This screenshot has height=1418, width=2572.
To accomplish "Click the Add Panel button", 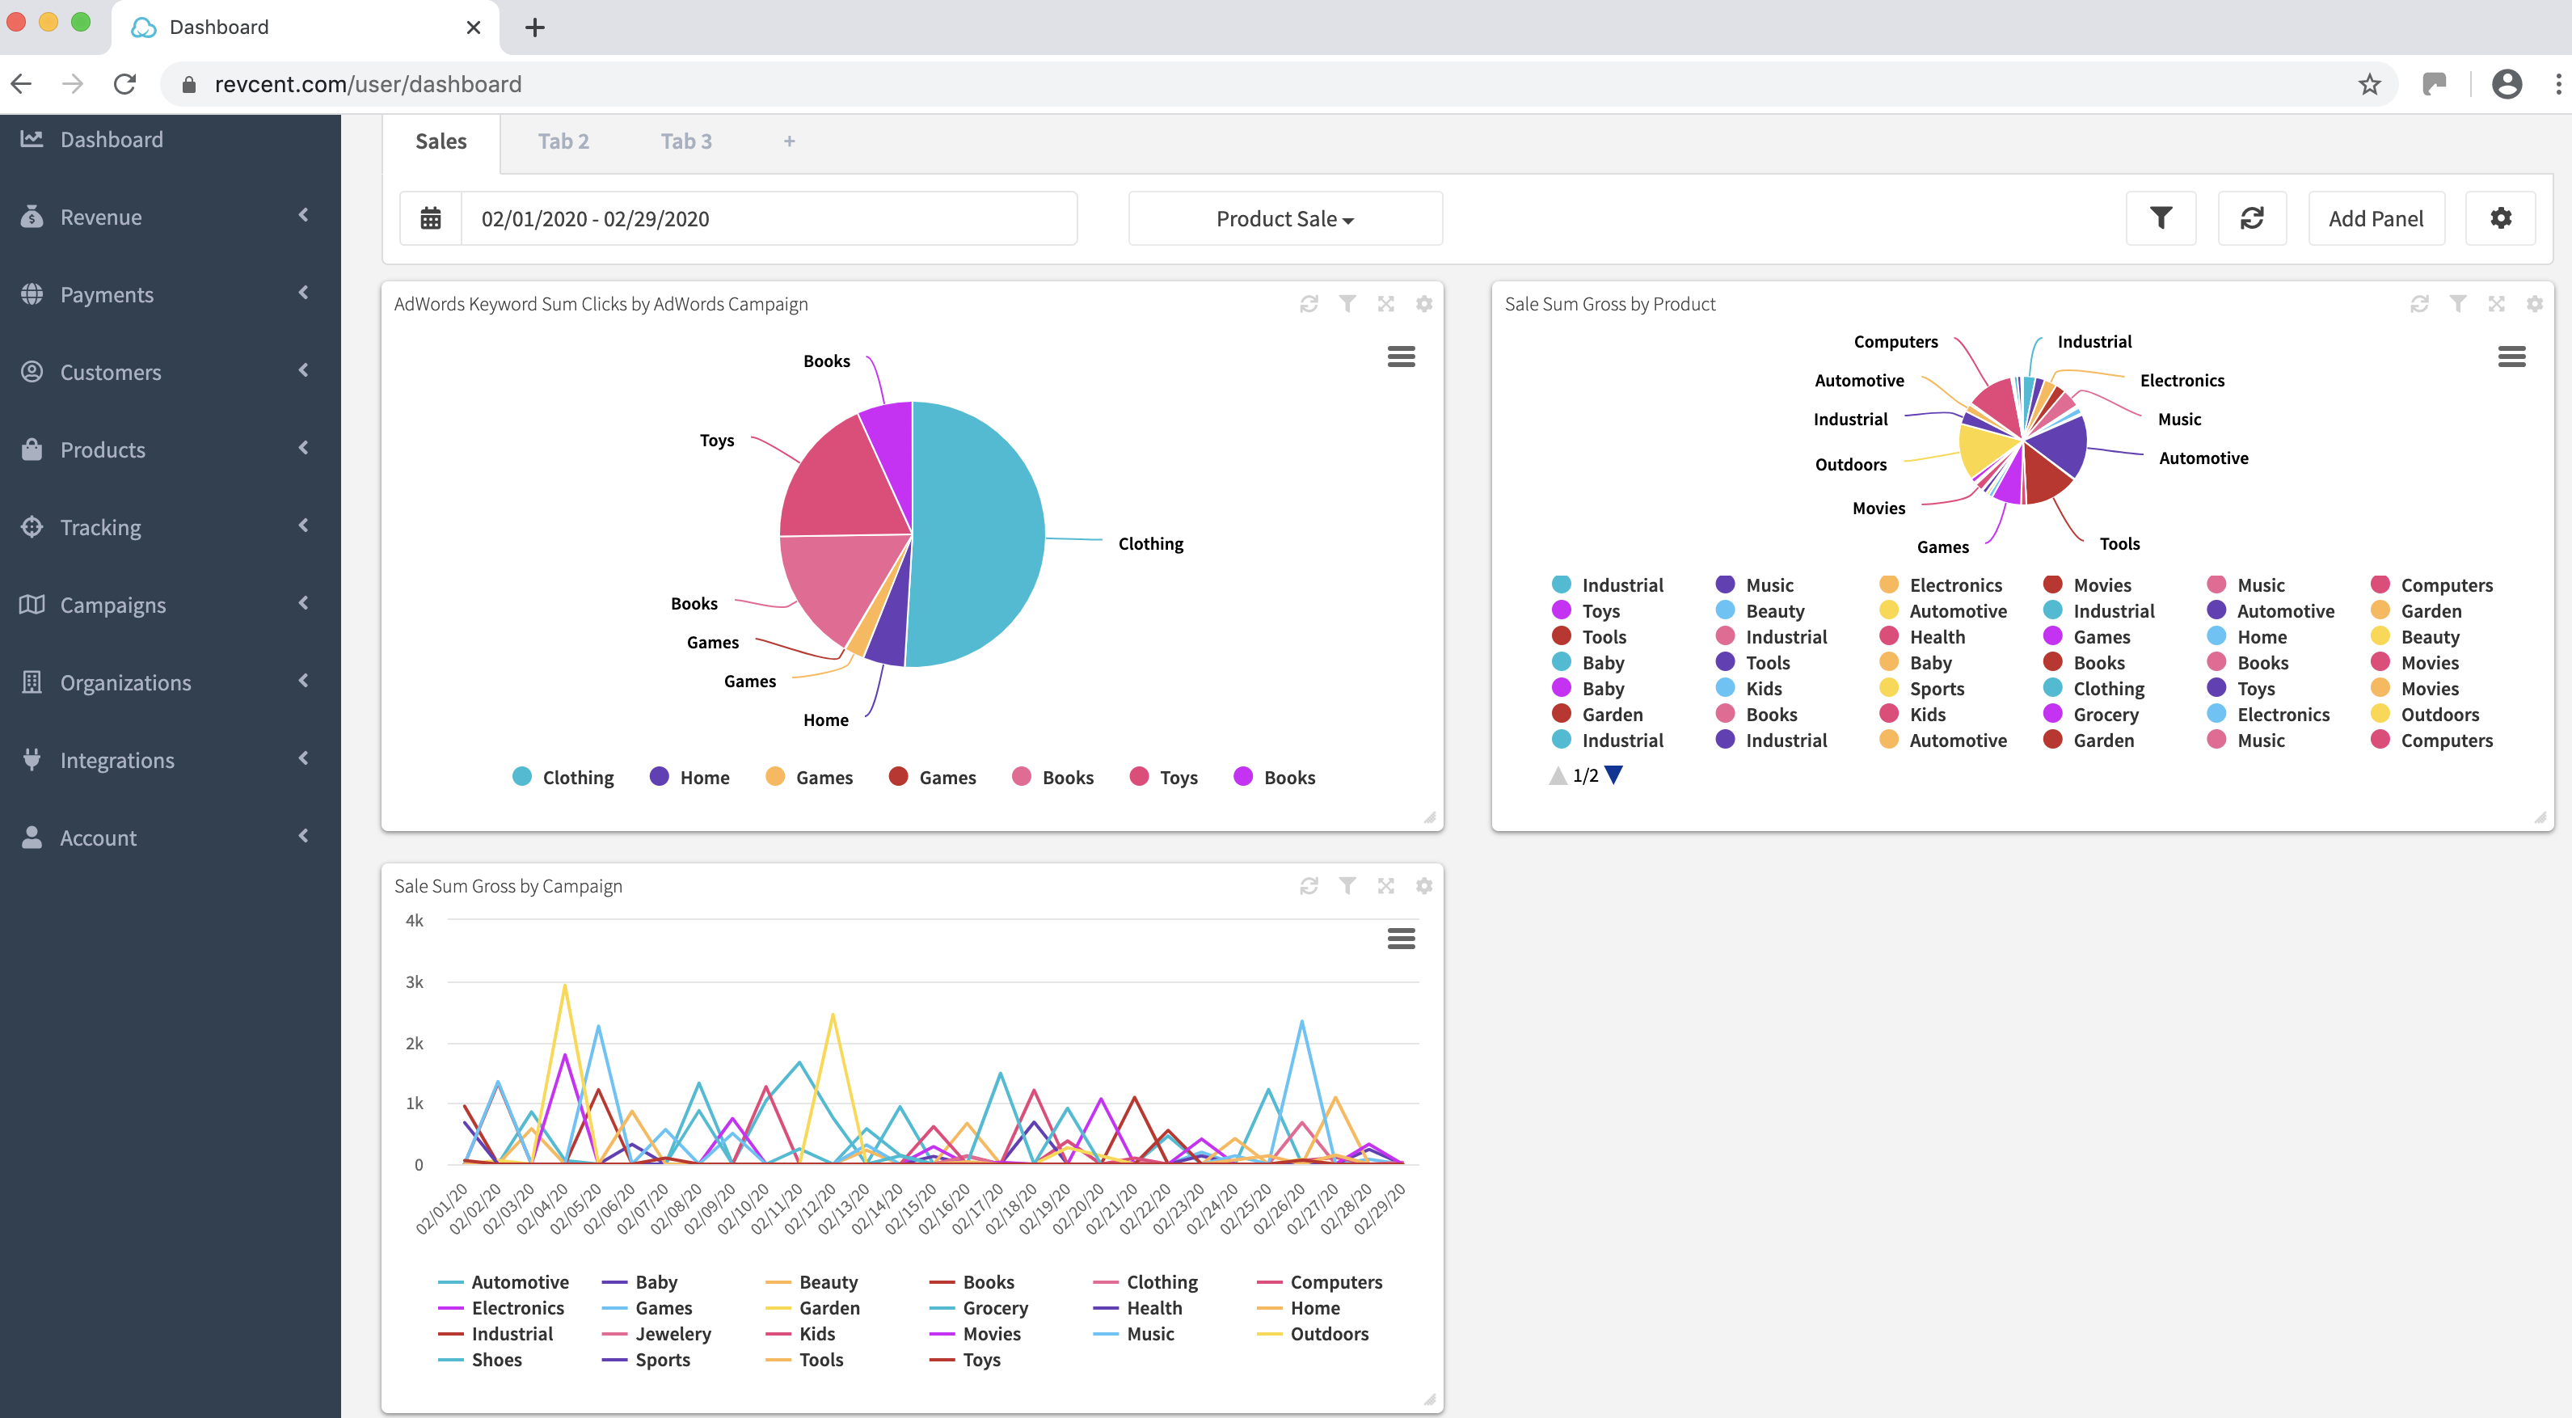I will (x=2376, y=219).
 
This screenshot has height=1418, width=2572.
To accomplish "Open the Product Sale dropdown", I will (x=1284, y=219).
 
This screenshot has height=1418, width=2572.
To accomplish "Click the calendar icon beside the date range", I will (x=430, y=219).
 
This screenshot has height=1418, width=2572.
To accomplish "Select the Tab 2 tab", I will (x=563, y=141).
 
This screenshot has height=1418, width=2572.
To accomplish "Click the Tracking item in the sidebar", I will (x=100, y=527).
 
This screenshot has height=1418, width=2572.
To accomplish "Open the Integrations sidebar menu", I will (x=117, y=760).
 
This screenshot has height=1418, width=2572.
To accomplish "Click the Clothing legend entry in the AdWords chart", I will (x=576, y=778).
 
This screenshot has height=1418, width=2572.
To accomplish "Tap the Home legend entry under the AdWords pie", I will (x=703, y=778).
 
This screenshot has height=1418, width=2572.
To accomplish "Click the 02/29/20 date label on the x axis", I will (x=1381, y=1209).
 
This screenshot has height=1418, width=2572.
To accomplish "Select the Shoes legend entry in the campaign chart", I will (x=495, y=1360).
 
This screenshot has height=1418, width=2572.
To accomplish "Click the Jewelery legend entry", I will (x=672, y=1334).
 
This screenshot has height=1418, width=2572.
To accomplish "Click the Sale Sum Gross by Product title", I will (x=1609, y=305).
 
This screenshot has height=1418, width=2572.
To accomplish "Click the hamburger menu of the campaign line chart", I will (x=1401, y=939).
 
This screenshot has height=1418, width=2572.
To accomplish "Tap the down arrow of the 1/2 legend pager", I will (x=1613, y=775).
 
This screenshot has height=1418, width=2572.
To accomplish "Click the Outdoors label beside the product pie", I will (x=1850, y=464).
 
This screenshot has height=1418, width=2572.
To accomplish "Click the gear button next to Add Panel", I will (x=2500, y=219).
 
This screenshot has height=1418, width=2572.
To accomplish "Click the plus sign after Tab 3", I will (x=789, y=141).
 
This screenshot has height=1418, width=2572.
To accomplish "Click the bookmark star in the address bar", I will (x=2369, y=85).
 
